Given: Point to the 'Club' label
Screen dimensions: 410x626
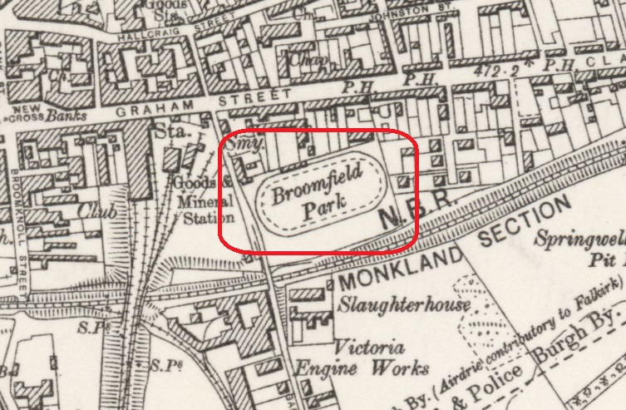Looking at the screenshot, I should (x=93, y=210).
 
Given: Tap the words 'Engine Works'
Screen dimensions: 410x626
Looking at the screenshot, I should (x=380, y=368).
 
